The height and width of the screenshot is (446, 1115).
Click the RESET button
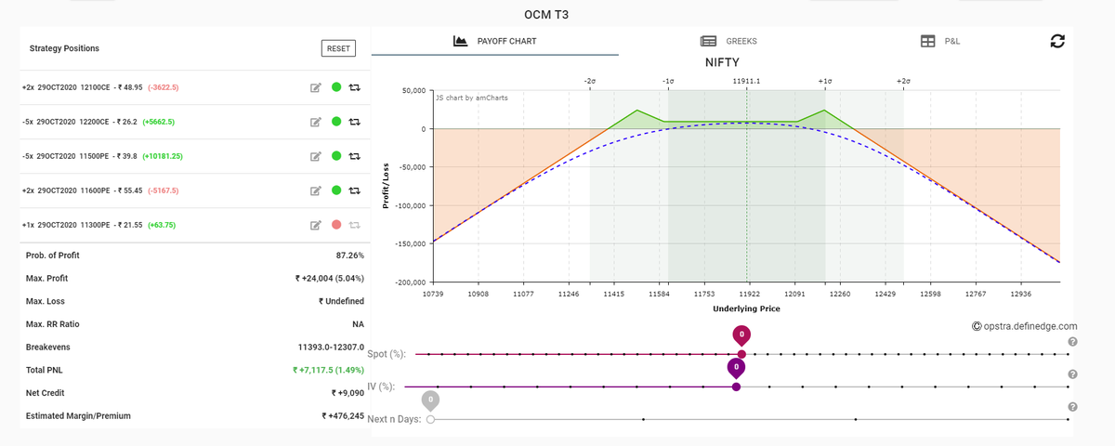[x=338, y=48]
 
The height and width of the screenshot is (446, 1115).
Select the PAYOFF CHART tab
[x=494, y=41]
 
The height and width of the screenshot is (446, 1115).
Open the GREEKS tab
[x=728, y=41]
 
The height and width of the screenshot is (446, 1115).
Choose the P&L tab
[x=939, y=41]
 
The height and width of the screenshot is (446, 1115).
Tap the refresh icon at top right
[x=1057, y=41]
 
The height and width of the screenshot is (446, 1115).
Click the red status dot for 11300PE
[x=336, y=225]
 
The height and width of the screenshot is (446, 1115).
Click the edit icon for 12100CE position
[x=316, y=87]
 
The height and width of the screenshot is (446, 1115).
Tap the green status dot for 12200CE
[x=336, y=122]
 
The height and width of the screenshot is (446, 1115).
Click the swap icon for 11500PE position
[x=354, y=156]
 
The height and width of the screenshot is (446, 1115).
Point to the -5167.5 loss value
[x=164, y=190]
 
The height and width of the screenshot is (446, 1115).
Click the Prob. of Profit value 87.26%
[x=350, y=256]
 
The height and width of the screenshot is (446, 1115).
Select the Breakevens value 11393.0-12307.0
[x=331, y=347]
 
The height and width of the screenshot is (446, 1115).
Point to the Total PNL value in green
[x=329, y=370]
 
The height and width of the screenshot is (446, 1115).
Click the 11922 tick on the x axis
[x=750, y=294]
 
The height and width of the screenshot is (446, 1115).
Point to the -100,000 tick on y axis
[x=411, y=205]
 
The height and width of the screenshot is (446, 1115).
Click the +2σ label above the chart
[x=903, y=81]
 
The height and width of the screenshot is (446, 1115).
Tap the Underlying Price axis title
[x=746, y=308]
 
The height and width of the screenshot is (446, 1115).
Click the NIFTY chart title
[x=722, y=63]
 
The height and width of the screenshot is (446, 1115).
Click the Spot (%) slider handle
[x=741, y=354]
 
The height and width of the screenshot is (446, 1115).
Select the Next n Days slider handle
[x=430, y=419]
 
